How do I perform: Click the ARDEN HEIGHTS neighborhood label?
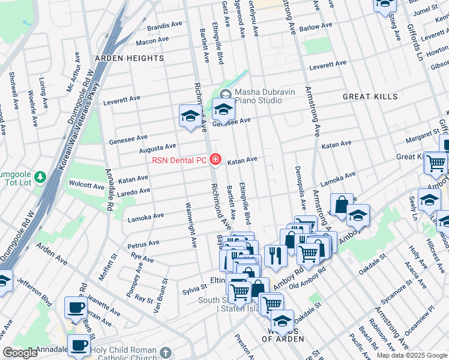coord(129,58)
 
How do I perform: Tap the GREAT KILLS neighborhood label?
coord(370,97)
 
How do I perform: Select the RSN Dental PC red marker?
coord(215,160)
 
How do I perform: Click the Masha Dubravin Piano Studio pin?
coord(225,93)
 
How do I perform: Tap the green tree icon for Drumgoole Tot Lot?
coord(40,177)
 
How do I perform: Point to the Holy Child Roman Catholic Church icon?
coord(166,352)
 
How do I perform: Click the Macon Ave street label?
coord(152,40)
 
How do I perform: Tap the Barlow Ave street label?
coord(318,28)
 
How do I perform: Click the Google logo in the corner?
coord(20,353)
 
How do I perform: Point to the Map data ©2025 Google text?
coord(411,355)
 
